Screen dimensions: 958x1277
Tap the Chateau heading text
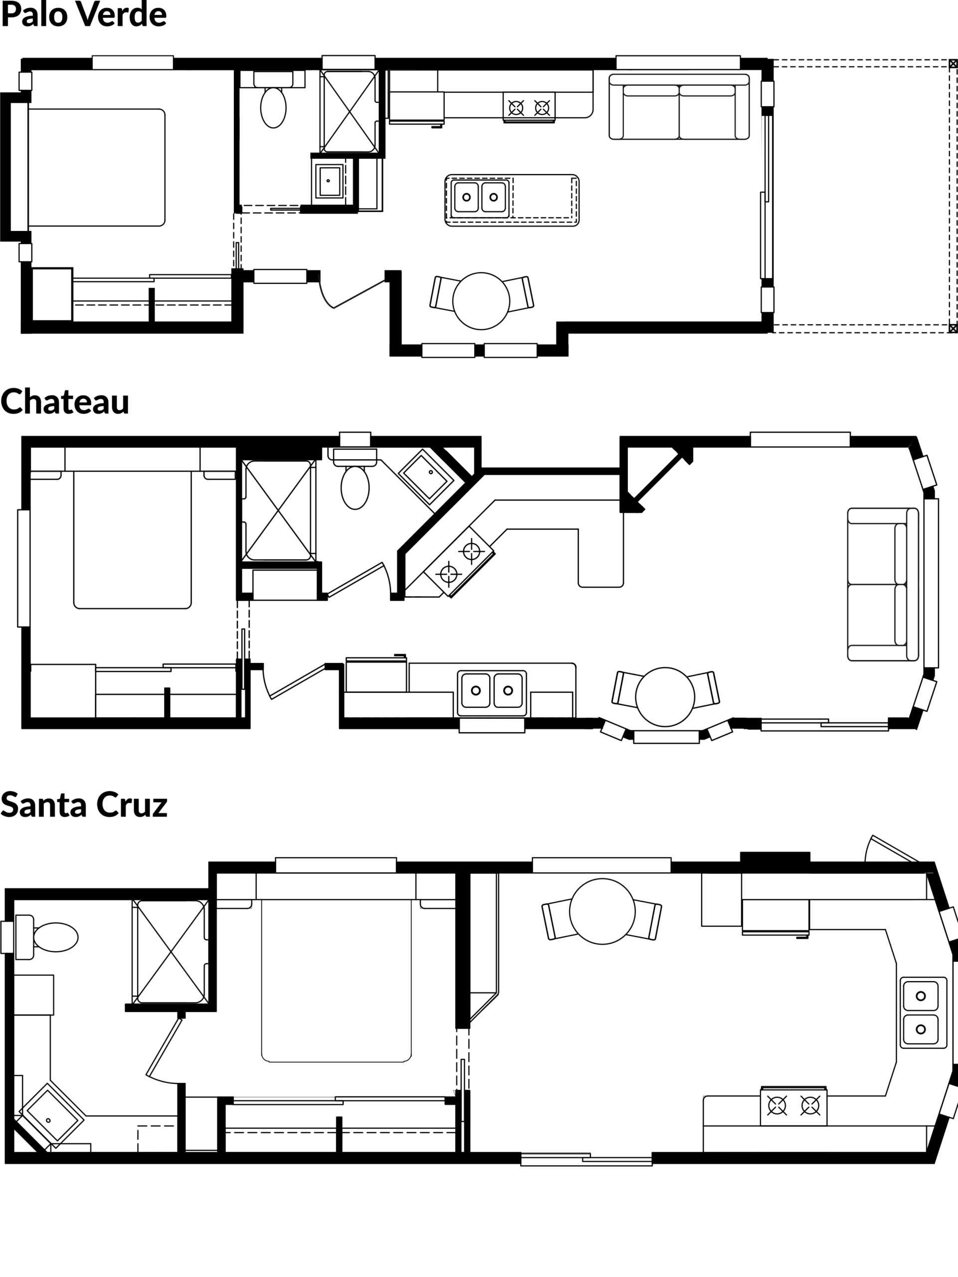65,401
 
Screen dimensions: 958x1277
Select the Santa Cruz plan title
84,804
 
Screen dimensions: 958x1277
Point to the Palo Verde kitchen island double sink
480,197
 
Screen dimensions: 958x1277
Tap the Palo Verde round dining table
481,301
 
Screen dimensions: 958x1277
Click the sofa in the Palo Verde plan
679,107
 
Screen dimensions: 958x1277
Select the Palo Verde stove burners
529,107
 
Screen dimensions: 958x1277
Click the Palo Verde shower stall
349,111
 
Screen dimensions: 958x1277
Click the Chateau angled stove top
459,562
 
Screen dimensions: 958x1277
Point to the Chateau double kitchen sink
492,690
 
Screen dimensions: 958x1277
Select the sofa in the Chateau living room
883,584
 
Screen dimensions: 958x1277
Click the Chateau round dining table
665,697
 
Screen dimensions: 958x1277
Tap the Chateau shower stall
279,510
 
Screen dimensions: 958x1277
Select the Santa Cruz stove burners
793,1105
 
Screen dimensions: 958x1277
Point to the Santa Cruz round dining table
602,911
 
